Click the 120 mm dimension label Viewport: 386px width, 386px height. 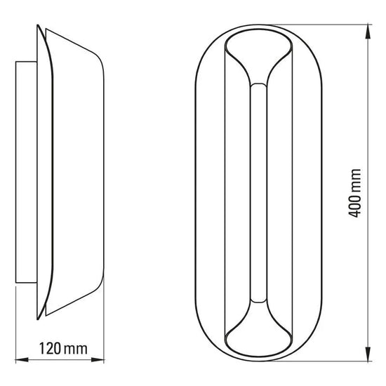coord(63,349)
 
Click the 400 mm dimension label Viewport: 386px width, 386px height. coord(354,193)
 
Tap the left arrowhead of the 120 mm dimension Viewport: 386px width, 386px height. coord(22,360)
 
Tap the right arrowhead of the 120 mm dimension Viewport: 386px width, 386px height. coord(98,360)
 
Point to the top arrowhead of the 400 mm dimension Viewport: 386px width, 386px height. coord(368,31)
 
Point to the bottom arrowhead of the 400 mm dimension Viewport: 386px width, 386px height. coord(368,354)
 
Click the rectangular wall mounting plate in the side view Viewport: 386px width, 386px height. coord(26,172)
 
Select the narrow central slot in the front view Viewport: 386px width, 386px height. coord(258,193)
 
